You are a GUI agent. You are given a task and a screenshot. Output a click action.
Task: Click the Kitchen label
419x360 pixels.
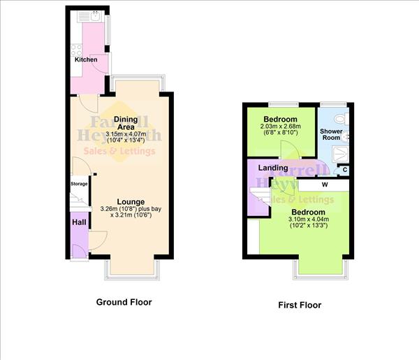tap(86, 60)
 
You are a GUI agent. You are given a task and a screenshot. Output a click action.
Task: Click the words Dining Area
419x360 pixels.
tap(126, 123)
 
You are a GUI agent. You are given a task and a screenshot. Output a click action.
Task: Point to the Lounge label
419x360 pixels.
tap(131, 202)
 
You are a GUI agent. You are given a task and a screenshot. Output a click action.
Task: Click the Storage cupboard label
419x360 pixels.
tap(79, 184)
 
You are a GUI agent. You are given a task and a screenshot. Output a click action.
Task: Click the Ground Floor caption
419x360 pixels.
tap(123, 303)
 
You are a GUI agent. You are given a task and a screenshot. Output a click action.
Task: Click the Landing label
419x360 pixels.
tap(273, 168)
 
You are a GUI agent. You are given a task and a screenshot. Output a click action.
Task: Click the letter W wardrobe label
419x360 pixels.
tap(324, 185)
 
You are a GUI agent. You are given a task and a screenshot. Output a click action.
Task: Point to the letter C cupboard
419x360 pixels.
tap(344, 170)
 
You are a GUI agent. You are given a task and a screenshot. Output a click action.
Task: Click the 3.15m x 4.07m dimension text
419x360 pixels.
tap(126, 134)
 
